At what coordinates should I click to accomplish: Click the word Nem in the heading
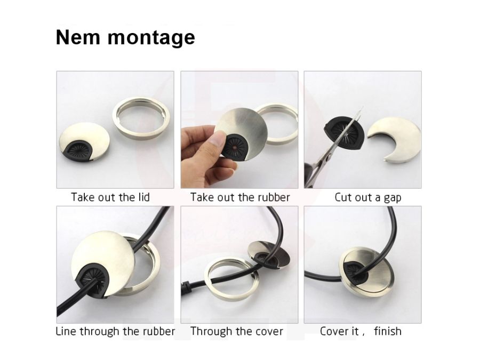click(78, 37)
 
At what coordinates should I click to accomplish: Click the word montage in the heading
click(151, 38)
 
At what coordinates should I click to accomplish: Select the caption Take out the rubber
click(240, 197)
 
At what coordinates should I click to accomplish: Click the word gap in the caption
click(392, 198)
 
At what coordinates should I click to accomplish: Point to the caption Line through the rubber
click(115, 331)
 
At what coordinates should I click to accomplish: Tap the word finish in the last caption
click(388, 331)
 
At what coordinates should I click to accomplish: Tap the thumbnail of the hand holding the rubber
click(239, 130)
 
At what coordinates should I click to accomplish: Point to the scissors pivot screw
click(329, 158)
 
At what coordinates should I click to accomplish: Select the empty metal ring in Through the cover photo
click(231, 279)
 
